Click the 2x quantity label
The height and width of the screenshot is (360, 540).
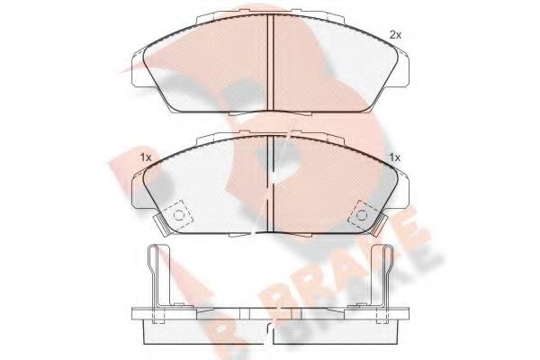click(395, 35)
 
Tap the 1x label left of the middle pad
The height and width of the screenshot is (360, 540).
click(146, 157)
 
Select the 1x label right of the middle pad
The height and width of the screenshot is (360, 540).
click(395, 157)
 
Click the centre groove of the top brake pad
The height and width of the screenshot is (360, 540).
click(270, 62)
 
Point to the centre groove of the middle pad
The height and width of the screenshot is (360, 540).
click(270, 183)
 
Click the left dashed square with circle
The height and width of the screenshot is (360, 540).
click(178, 215)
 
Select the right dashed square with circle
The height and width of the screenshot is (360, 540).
click(362, 215)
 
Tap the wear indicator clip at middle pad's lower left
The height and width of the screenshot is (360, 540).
click(161, 225)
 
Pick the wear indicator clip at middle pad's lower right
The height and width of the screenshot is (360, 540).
click(379, 225)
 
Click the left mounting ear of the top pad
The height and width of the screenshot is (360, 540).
click(138, 69)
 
